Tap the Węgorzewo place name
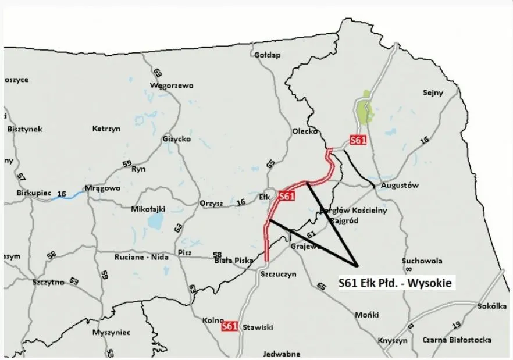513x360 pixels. (172, 85)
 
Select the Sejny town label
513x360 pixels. (433, 92)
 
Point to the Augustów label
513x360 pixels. (400, 186)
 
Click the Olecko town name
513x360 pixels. (304, 131)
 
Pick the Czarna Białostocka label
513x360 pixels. (457, 340)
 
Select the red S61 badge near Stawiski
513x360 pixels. (230, 327)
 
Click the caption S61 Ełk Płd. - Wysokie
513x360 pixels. (396, 283)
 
